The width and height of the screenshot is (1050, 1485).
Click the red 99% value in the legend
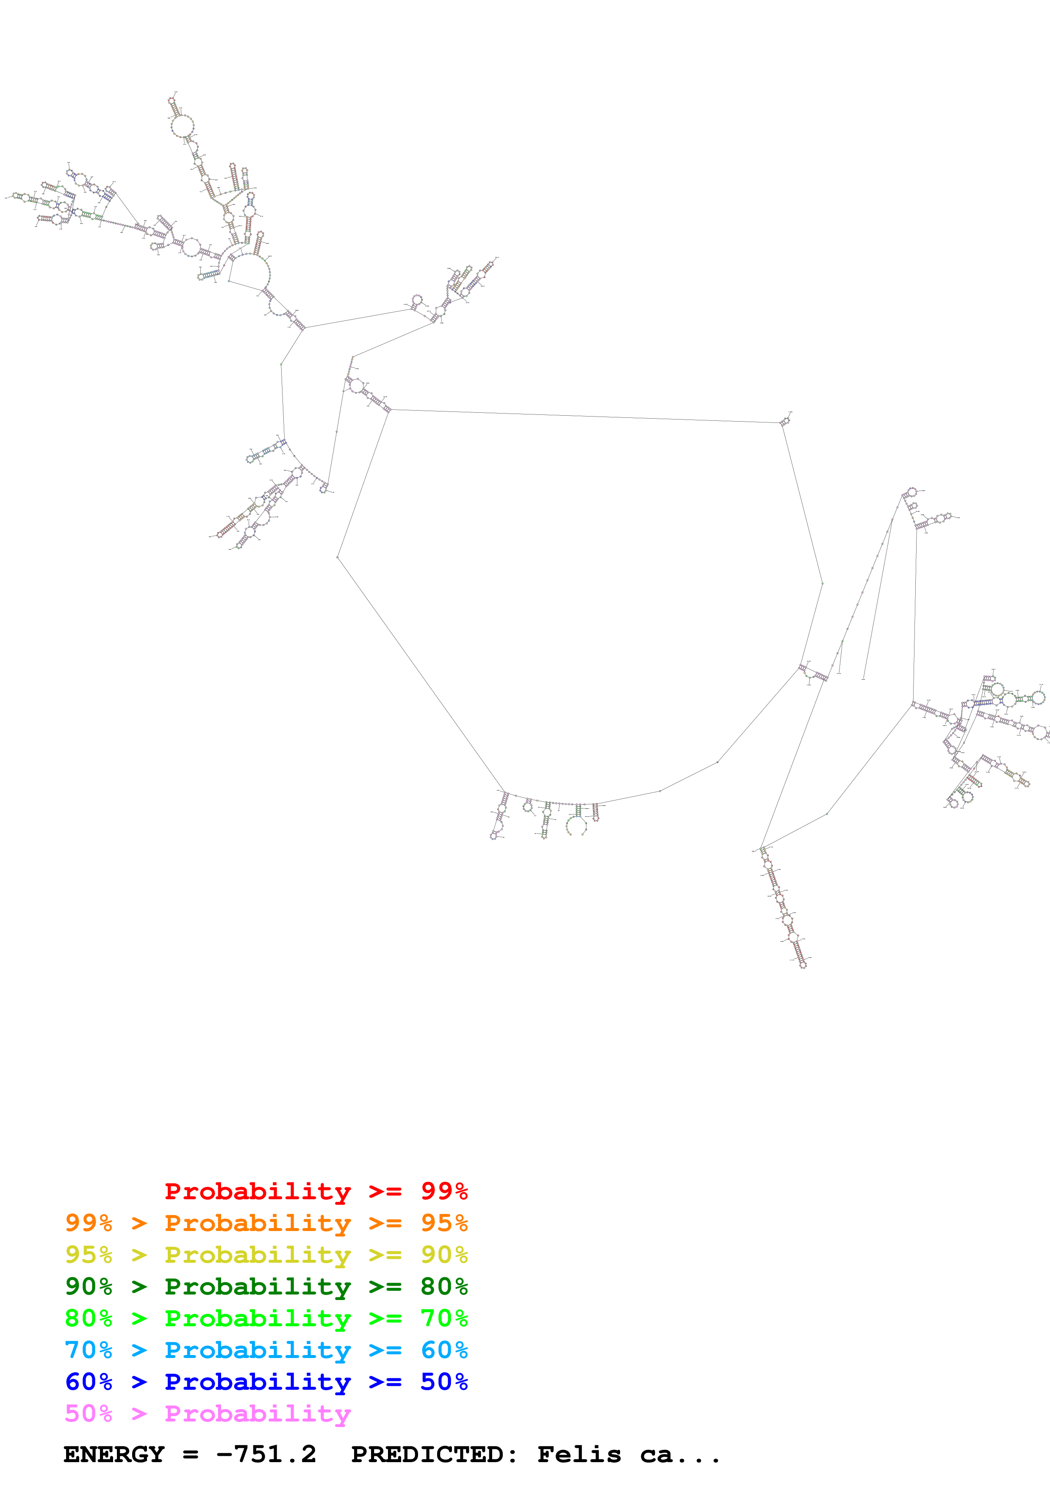tap(444, 1191)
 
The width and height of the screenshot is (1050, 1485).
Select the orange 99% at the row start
tap(89, 1223)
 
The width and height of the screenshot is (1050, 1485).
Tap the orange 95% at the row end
tap(444, 1223)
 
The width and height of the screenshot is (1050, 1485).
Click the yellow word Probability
tap(258, 1255)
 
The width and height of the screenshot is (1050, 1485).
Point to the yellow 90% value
tap(444, 1255)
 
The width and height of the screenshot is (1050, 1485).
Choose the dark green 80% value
tap(444, 1286)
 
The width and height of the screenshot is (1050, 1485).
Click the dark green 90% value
tap(89, 1286)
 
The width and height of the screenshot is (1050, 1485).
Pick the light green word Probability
tap(258, 1318)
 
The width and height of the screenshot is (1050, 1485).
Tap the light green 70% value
tap(444, 1318)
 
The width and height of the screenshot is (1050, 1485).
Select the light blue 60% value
tap(444, 1350)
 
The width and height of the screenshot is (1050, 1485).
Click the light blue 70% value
tap(89, 1350)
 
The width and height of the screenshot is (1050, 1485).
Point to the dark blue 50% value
tap(444, 1382)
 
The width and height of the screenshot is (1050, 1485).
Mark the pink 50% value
tap(89, 1413)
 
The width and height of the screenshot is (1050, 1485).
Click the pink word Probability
tap(258, 1413)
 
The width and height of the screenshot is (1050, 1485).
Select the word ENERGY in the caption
tap(114, 1455)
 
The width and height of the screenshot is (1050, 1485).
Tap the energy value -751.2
tap(266, 1455)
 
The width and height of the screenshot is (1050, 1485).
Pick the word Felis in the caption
tap(579, 1455)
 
